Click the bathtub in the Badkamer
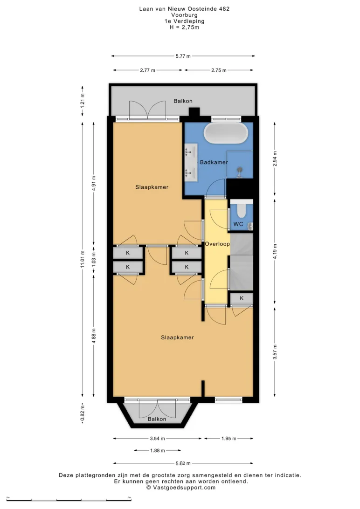tap(226, 133)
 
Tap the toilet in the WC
tap(241, 209)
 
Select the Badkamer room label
tap(214, 162)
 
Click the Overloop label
tap(217, 244)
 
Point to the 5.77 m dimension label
tap(183, 56)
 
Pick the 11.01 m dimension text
tap(83, 259)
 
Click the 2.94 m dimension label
tap(275, 159)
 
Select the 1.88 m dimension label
tap(158, 450)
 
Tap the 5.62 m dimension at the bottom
tap(183, 463)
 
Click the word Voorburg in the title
tap(184, 15)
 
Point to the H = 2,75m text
tap(184, 27)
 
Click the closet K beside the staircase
tap(242, 298)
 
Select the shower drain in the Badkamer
tap(240, 170)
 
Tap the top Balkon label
tap(183, 101)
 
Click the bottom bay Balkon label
tap(157, 419)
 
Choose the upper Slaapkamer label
tap(152, 187)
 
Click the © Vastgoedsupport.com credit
tap(181, 487)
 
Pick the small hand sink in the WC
tap(250, 226)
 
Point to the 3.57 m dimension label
tap(275, 352)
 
